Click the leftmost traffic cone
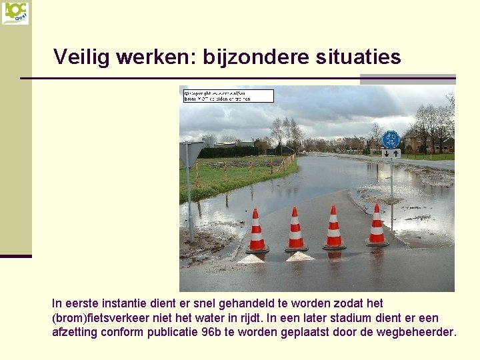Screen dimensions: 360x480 pyautogui.click(x=256, y=231)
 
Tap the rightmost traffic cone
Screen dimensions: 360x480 pyautogui.click(x=377, y=226)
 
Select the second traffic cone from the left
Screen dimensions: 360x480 pyautogui.click(x=295, y=230)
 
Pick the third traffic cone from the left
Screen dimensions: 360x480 pyautogui.click(x=334, y=229)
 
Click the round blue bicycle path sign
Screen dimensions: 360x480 pyautogui.click(x=391, y=139)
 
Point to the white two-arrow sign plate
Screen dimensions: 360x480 pyautogui.click(x=391, y=153)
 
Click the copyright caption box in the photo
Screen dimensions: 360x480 pyautogui.click(x=228, y=95)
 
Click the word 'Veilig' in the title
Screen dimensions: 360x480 pyautogui.click(x=81, y=57)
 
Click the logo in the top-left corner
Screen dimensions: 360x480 pyautogui.click(x=15, y=13)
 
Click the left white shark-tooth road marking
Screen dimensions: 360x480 pyautogui.click(x=251, y=258)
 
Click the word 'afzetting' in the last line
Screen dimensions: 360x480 pyautogui.click(x=74, y=332)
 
